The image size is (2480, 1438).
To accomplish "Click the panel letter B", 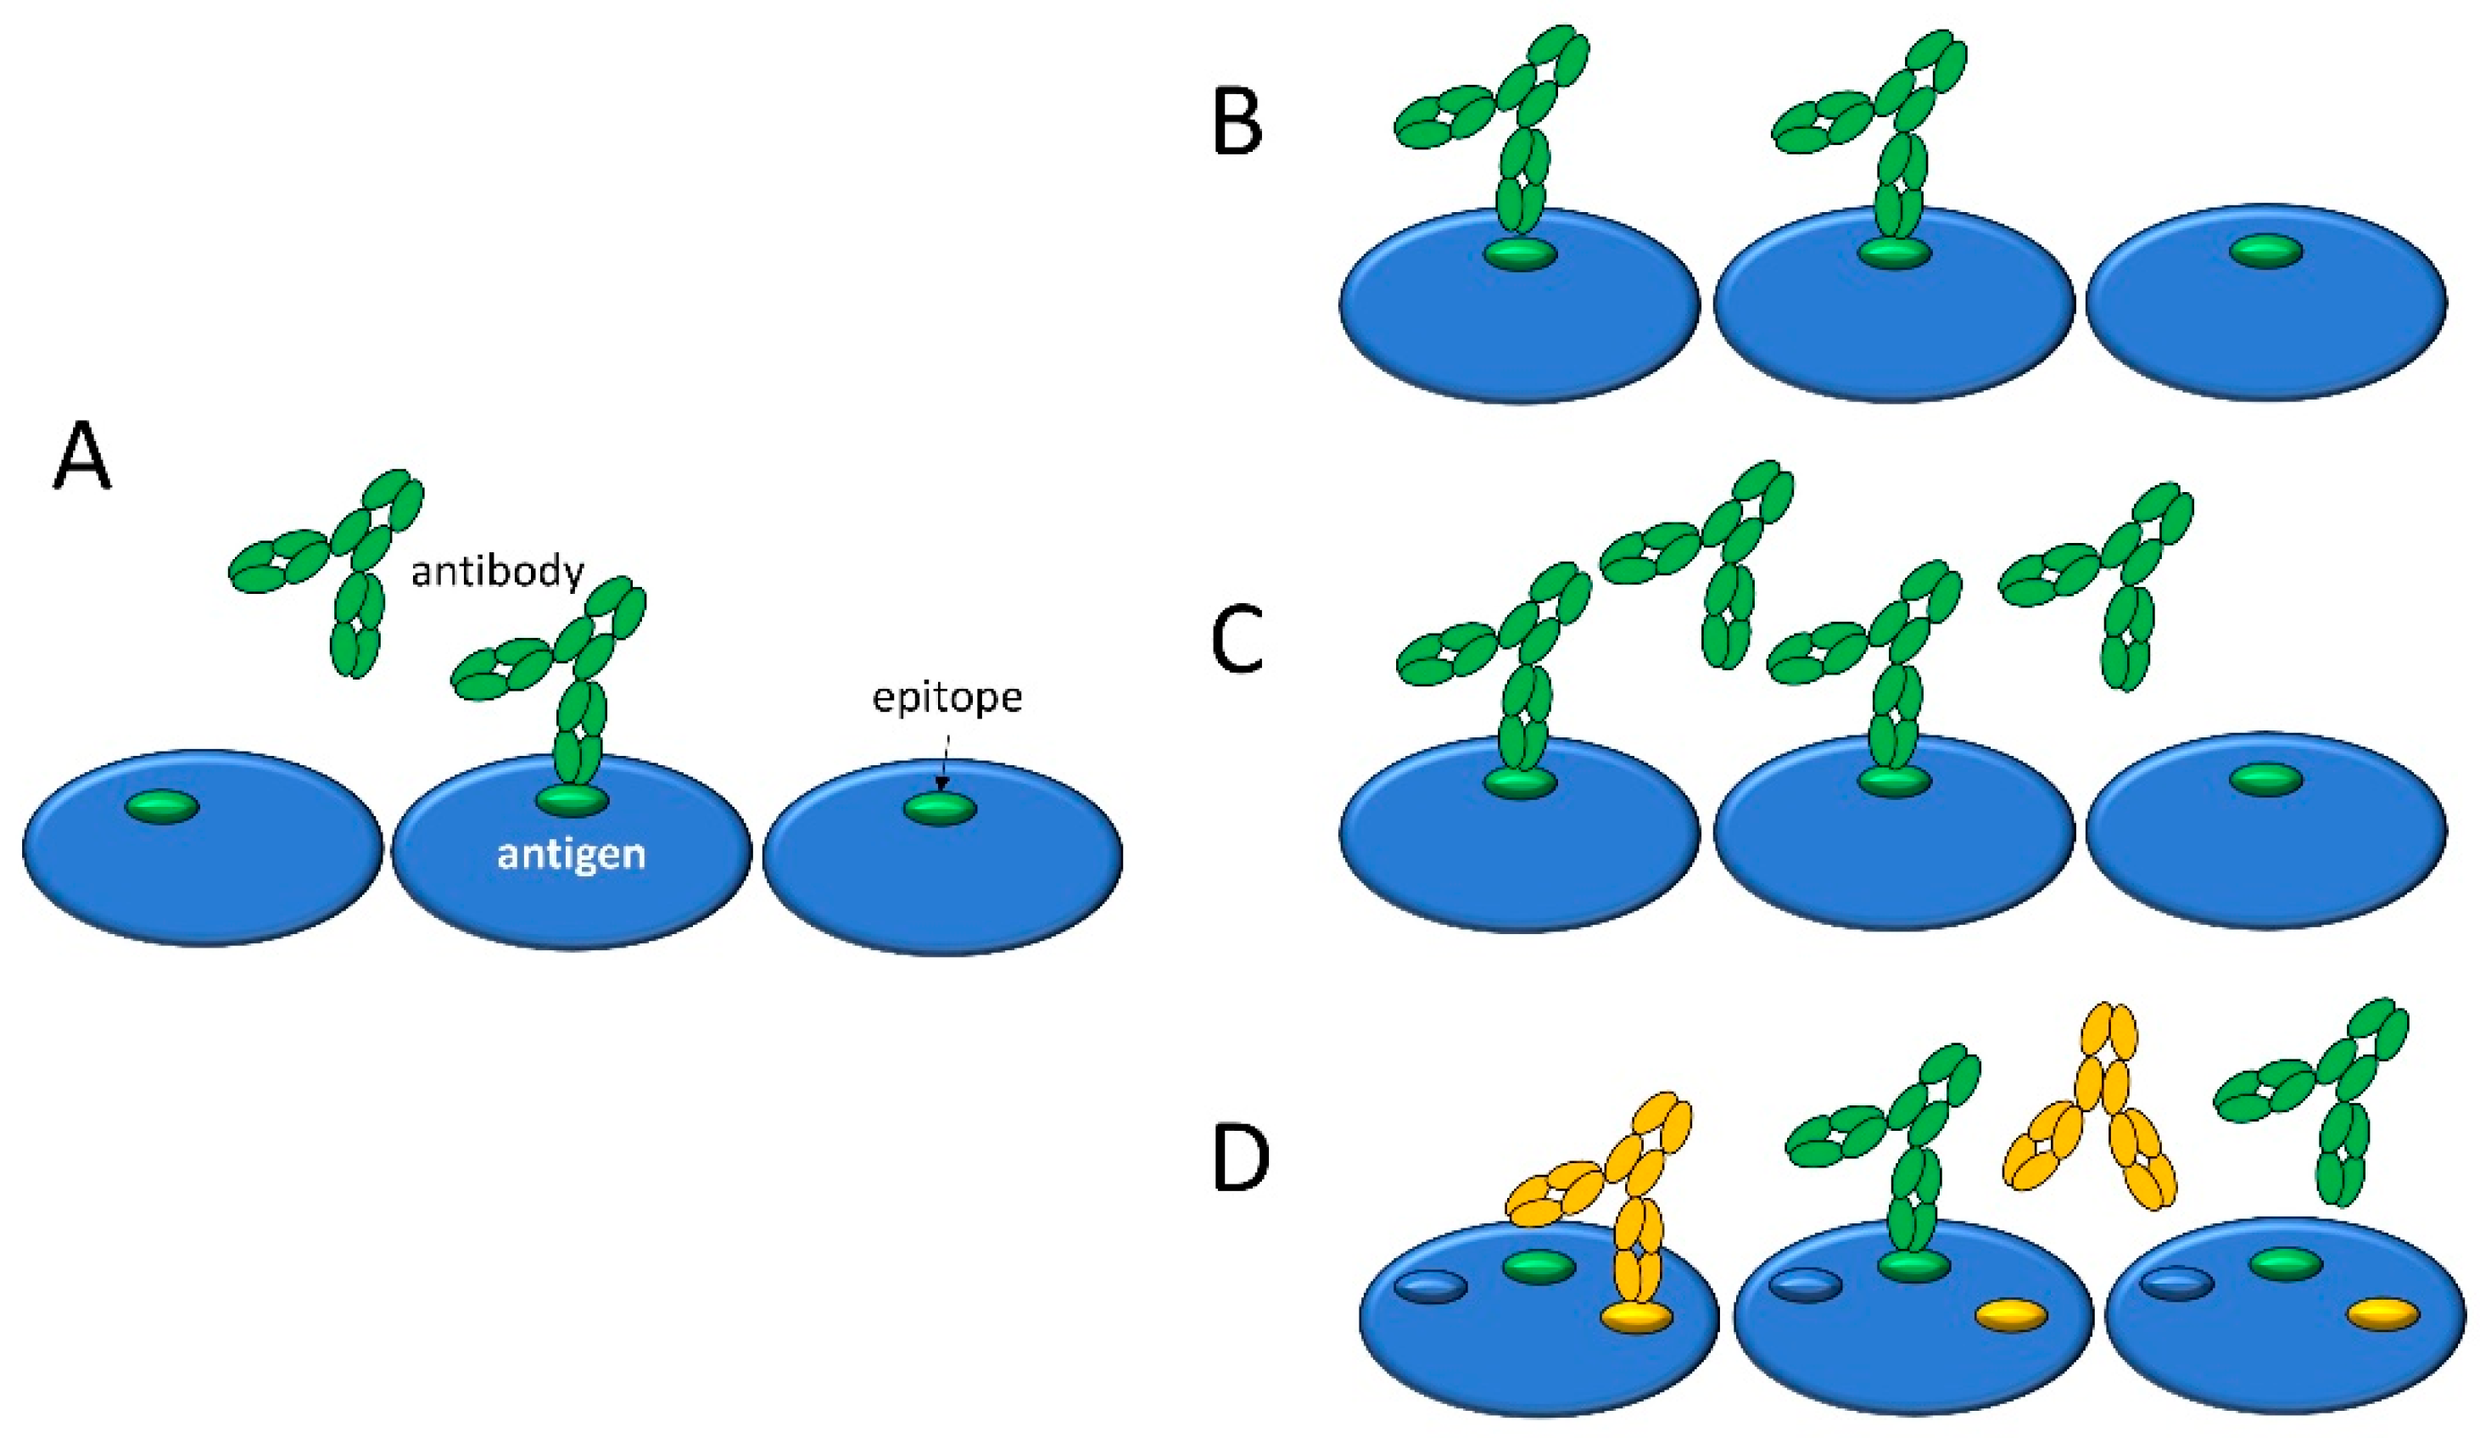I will coord(1237,126).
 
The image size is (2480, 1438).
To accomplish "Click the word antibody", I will coord(498,572).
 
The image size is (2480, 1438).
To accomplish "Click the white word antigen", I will coord(571,853).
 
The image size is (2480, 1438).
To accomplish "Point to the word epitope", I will coord(947,698).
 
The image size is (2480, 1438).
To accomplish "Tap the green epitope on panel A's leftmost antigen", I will coord(162,808).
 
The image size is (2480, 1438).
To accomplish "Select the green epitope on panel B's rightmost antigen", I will coord(2265,252).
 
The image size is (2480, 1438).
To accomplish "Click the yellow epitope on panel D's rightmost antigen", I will coord(2382,1315).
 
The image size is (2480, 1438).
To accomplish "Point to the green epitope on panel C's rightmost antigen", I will coord(2265,780).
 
